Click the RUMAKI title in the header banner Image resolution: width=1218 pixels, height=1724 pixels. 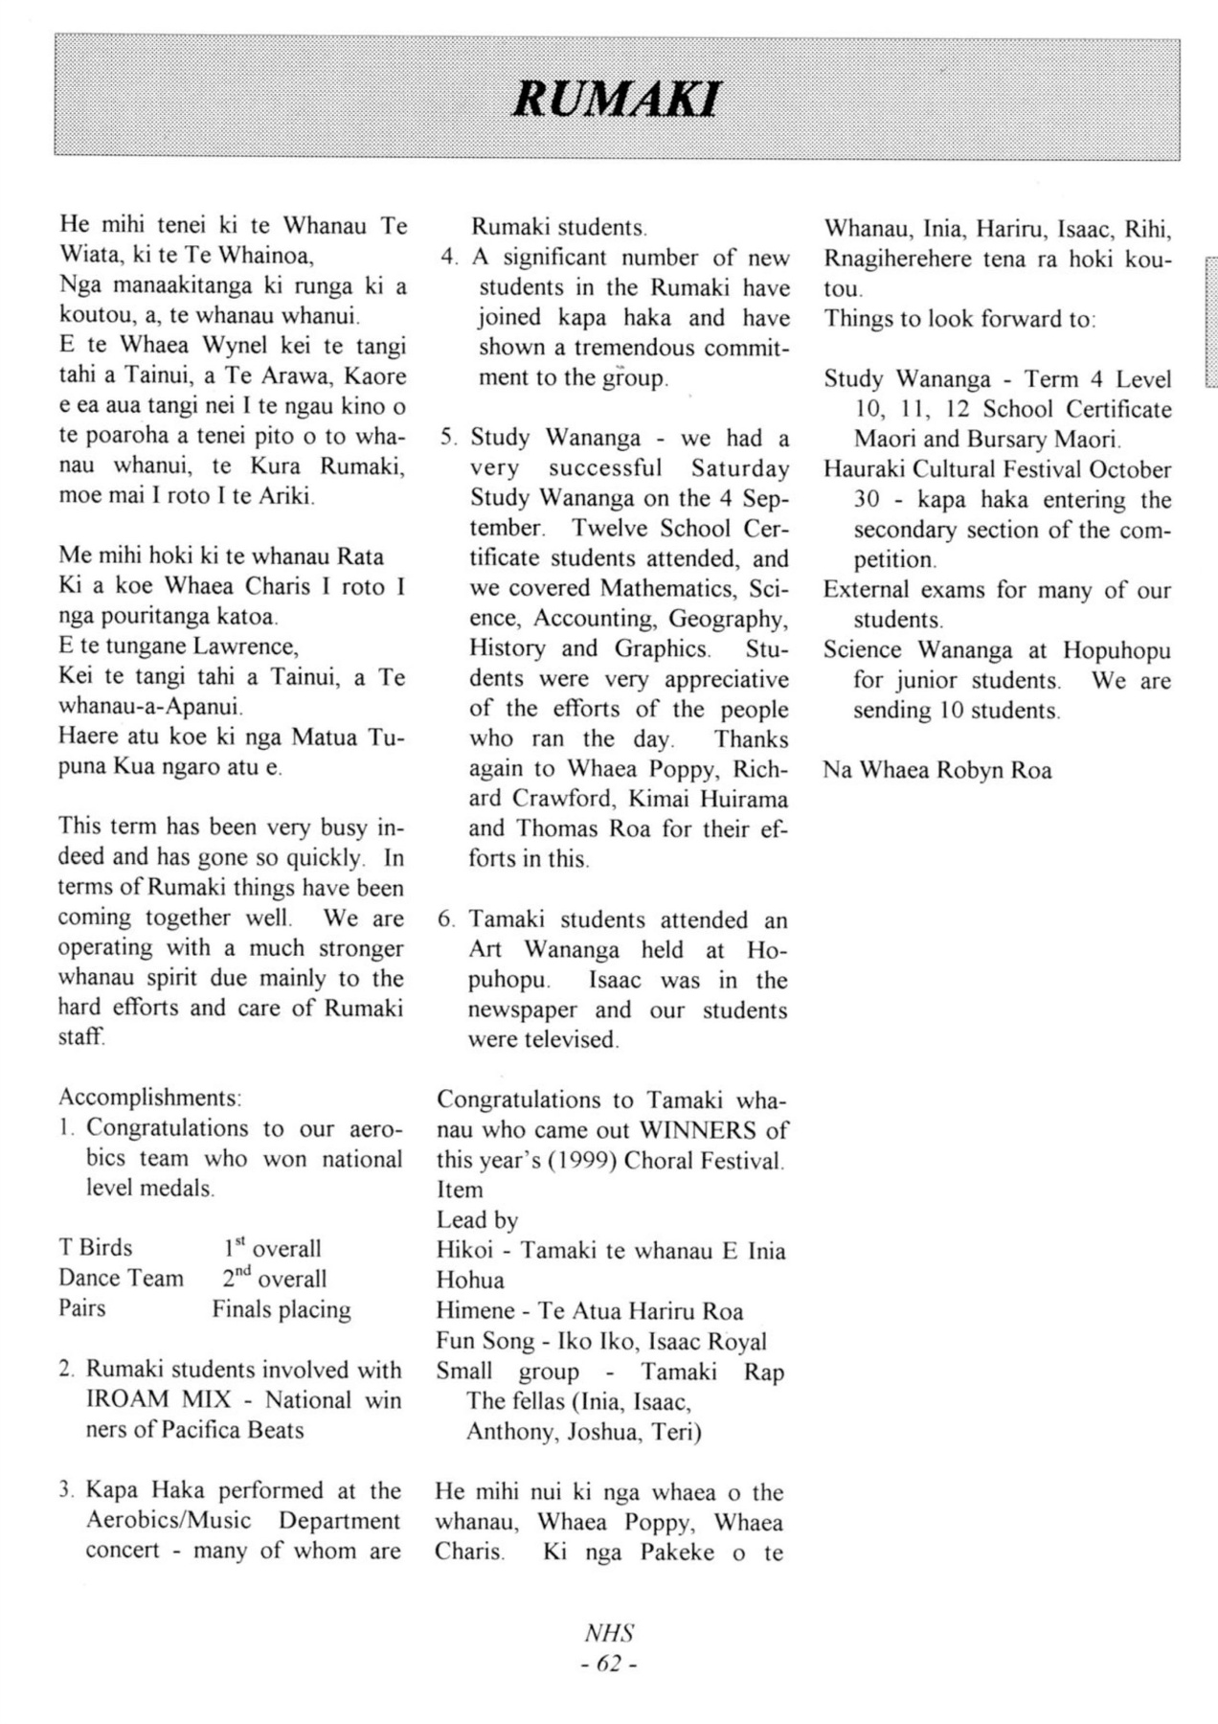[616, 99]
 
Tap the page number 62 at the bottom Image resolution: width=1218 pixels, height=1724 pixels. [609, 1664]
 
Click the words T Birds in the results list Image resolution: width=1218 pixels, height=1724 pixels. [96, 1248]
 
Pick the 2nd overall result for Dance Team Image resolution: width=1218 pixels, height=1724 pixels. [275, 1279]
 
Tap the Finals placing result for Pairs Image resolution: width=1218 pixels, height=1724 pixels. [282, 1309]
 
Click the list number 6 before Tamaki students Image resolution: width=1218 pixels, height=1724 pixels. [445, 920]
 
